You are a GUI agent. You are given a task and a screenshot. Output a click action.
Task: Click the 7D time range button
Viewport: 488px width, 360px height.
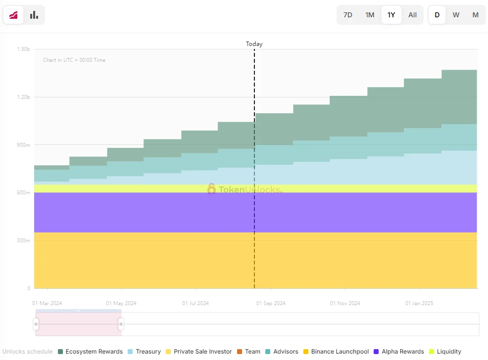coord(348,15)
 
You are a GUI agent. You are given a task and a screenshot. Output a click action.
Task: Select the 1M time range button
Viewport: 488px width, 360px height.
coord(370,15)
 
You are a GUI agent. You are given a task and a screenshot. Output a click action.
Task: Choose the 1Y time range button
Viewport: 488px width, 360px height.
coord(391,15)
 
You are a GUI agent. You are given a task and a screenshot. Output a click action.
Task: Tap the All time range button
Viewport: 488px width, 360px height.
coord(412,15)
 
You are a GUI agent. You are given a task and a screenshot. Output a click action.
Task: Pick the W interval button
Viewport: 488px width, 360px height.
coord(456,15)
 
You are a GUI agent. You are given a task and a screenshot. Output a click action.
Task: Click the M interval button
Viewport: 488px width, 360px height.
coord(475,15)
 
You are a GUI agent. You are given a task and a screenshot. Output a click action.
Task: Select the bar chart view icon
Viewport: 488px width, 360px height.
coord(34,15)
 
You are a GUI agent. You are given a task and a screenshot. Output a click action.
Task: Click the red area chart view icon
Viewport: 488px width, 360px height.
coord(13,15)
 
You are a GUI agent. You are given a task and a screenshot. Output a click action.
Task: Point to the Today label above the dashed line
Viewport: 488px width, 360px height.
coord(254,44)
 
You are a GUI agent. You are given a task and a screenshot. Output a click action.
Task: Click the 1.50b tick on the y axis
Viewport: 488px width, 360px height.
coord(23,49)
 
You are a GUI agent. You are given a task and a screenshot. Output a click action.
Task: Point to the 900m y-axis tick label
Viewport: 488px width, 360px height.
coord(23,145)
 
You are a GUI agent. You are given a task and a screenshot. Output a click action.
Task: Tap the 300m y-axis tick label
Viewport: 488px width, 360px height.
coord(23,240)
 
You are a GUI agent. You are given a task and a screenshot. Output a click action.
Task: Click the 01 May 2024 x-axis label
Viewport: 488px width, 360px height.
coord(121,303)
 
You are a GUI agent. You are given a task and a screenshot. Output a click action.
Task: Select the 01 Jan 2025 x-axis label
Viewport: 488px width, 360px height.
coord(419,303)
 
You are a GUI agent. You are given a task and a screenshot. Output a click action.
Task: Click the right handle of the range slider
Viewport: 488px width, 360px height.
coord(121,324)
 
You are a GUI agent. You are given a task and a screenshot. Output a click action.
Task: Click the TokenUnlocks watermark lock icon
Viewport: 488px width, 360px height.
coord(212,188)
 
